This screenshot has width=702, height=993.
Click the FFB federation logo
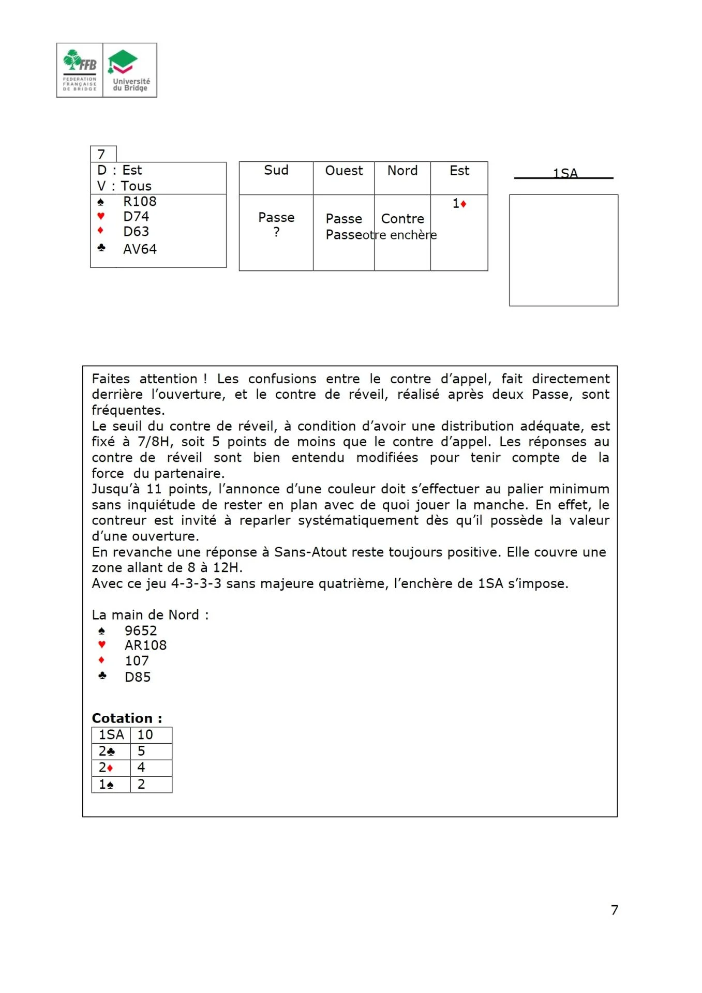click(x=80, y=70)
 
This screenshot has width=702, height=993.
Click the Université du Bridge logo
click(x=130, y=70)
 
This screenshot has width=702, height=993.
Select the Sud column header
click(x=276, y=171)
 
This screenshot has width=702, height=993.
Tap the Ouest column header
click(x=343, y=171)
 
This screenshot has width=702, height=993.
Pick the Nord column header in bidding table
click(x=402, y=171)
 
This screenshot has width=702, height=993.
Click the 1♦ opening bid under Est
click(x=459, y=204)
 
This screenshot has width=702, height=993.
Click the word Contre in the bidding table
click(x=402, y=219)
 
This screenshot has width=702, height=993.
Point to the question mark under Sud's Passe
click(x=276, y=232)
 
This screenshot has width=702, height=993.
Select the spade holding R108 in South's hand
click(x=140, y=201)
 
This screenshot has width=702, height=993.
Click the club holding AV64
click(x=140, y=249)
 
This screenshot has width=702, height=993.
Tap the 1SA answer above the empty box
click(x=564, y=173)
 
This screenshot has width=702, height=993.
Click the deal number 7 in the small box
click(x=101, y=155)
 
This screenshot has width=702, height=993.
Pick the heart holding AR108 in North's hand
click(x=145, y=645)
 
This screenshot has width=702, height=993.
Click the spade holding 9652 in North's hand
click(x=140, y=630)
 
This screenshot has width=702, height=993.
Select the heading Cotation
click(x=127, y=718)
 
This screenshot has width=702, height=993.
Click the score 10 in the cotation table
click(x=145, y=735)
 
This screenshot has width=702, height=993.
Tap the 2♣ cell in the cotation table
click(x=107, y=751)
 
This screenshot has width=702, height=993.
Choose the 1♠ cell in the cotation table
click(x=107, y=785)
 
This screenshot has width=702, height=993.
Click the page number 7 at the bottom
click(x=614, y=910)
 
